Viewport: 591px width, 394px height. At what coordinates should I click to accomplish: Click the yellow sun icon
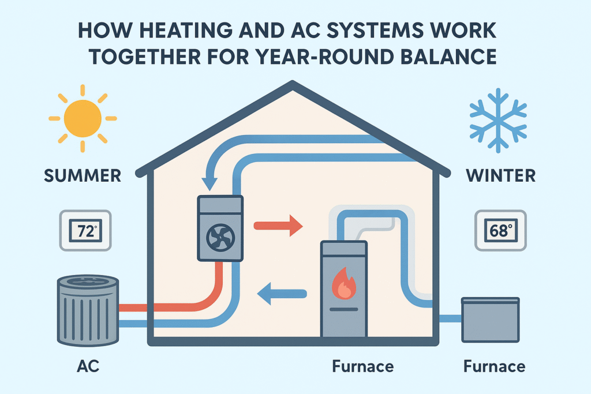[82, 118]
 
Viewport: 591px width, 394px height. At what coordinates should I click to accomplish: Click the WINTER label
[499, 175]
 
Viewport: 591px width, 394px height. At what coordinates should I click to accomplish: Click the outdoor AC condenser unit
[88, 310]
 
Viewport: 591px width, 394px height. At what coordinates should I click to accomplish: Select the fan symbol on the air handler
[220, 237]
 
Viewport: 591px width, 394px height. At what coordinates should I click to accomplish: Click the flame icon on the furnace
[343, 286]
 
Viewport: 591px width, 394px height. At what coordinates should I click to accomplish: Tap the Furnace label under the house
[362, 366]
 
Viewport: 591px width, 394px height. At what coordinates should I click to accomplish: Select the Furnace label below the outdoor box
[494, 366]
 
